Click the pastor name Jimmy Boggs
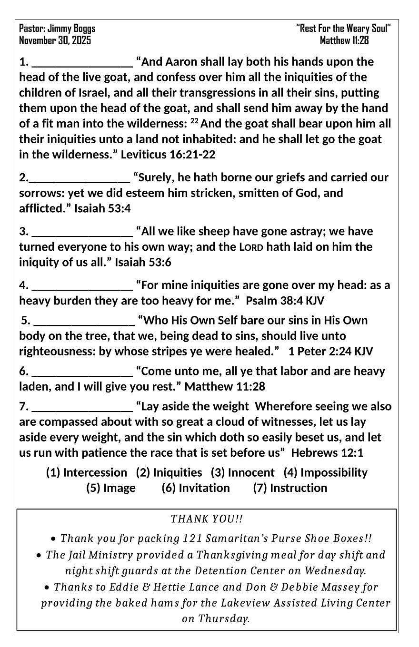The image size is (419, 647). point(71,29)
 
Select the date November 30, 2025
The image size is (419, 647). point(55,40)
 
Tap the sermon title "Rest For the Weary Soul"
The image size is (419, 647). point(344,29)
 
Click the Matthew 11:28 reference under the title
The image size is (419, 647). point(344,40)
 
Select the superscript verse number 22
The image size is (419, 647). point(194,121)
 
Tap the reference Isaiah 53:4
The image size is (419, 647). point(102,208)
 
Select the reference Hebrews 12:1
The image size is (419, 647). point(327,453)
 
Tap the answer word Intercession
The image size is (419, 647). point(95,472)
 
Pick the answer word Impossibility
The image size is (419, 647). point(334,472)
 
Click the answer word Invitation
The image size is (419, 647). point(204,488)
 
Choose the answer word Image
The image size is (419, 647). point(119,488)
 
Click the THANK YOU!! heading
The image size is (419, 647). point(207,518)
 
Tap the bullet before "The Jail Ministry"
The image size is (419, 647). point(40,555)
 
